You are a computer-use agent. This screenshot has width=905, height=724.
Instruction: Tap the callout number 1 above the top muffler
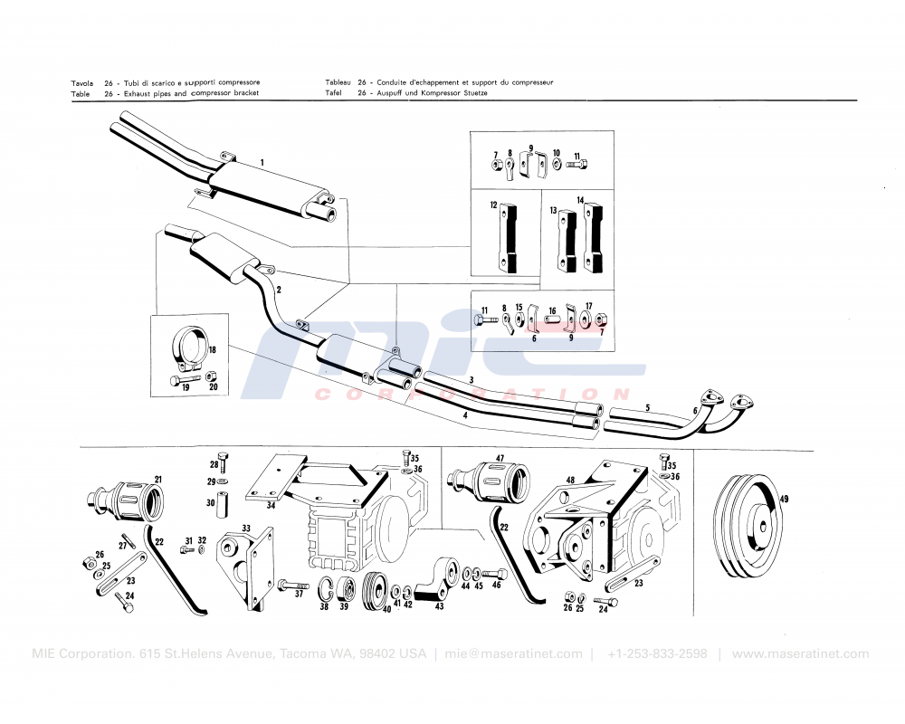tap(262, 163)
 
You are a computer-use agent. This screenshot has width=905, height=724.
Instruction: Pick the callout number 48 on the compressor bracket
tap(570, 480)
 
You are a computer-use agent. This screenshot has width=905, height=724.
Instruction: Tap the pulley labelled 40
tap(374, 595)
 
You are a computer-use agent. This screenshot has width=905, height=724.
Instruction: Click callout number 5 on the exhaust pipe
tap(647, 408)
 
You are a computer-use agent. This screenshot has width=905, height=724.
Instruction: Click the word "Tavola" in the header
tap(82, 83)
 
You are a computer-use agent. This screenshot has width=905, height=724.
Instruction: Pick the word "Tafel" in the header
tap(333, 93)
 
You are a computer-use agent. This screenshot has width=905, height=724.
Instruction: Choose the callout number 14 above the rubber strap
tap(581, 199)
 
